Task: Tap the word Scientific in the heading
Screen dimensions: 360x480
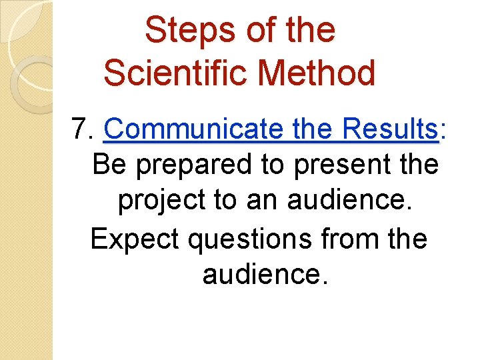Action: click(175, 73)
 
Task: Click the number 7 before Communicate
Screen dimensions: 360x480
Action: click(81, 128)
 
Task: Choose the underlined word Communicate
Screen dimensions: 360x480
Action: click(193, 128)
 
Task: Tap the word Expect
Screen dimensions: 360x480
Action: click(135, 239)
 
